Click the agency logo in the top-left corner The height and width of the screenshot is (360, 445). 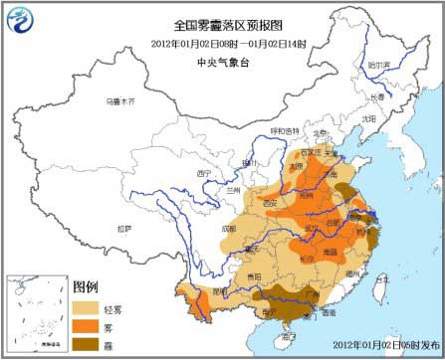click(x=20, y=19)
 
